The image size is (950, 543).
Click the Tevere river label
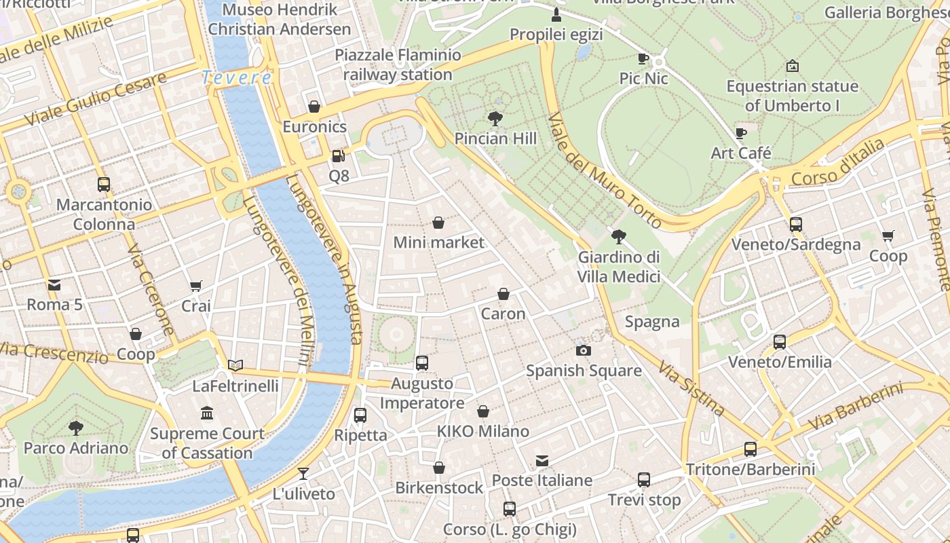pyautogui.click(x=237, y=77)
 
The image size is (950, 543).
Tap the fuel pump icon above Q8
pyautogui.click(x=338, y=156)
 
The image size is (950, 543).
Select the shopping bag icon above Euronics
pyautogui.click(x=314, y=107)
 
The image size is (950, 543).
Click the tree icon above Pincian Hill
pyautogui.click(x=495, y=119)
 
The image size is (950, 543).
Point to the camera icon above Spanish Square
pyautogui.click(x=583, y=351)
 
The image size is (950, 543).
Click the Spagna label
pyautogui.click(x=652, y=322)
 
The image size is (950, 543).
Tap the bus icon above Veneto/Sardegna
pyautogui.click(x=796, y=225)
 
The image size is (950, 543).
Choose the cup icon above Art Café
pyautogui.click(x=741, y=134)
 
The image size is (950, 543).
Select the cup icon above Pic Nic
pyautogui.click(x=643, y=59)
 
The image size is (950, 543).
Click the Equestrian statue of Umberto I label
pyautogui.click(x=792, y=96)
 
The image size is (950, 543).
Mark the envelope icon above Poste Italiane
pyautogui.click(x=541, y=461)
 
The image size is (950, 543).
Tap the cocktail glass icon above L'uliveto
pyautogui.click(x=303, y=474)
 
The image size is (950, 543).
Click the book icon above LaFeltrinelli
pyautogui.click(x=235, y=366)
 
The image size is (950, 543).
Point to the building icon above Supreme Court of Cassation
pyautogui.click(x=207, y=413)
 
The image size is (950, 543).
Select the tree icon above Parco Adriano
pyautogui.click(x=76, y=428)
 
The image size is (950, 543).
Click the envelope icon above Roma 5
pyautogui.click(x=54, y=285)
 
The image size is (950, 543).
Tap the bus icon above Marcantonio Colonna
pyautogui.click(x=104, y=185)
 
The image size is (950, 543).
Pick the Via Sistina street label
pyautogui.click(x=691, y=388)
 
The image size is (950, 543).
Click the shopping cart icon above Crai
pyautogui.click(x=196, y=286)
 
